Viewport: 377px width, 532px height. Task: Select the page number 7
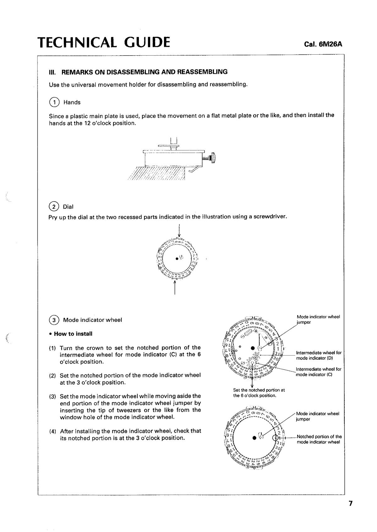pyautogui.click(x=350, y=503)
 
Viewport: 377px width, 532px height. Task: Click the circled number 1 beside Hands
pyautogui.click(x=54, y=102)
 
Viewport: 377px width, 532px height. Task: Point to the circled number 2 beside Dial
pyautogui.click(x=54, y=207)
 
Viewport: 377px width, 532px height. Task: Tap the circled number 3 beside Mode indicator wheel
pyautogui.click(x=54, y=320)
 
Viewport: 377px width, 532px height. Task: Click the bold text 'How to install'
pyautogui.click(x=73, y=334)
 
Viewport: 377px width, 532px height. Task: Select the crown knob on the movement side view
pyautogui.click(x=214, y=158)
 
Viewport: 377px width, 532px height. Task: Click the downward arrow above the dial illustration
pyautogui.click(x=179, y=232)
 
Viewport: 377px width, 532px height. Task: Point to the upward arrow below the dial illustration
pyautogui.click(x=175, y=287)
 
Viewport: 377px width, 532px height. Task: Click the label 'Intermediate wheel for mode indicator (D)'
pyautogui.click(x=319, y=355)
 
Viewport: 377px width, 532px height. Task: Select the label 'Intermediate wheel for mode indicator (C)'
pyautogui.click(x=319, y=372)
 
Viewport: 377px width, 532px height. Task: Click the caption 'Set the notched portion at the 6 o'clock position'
pyautogui.click(x=259, y=393)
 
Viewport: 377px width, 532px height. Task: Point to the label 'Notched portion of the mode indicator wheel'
pyautogui.click(x=319, y=439)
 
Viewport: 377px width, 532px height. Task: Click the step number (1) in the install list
pyautogui.click(x=52, y=348)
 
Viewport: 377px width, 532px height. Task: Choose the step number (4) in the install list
pyautogui.click(x=52, y=431)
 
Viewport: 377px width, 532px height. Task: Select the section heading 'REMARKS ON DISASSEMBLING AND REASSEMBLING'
pyautogui.click(x=144, y=72)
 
